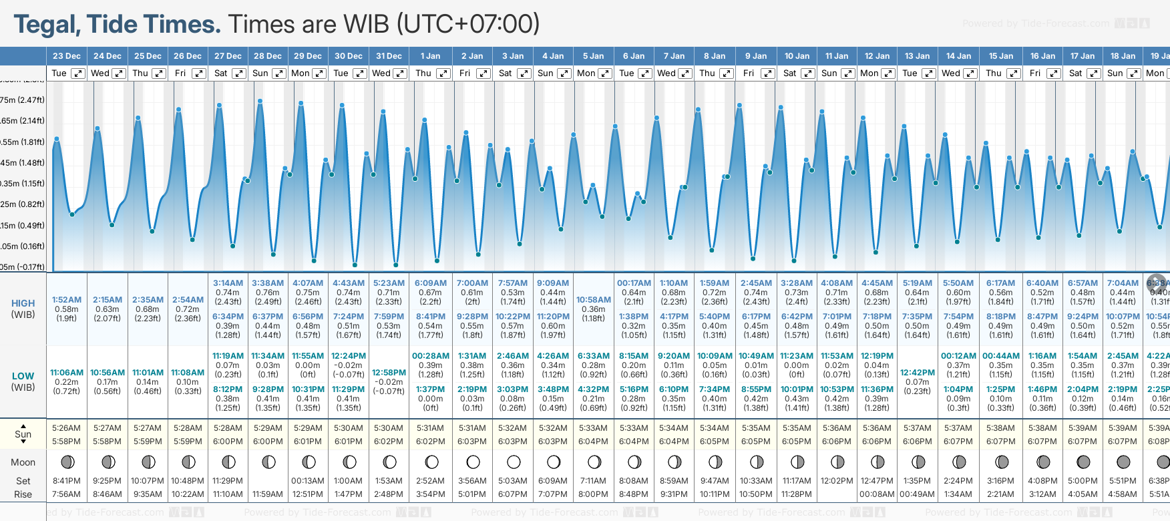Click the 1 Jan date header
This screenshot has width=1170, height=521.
click(430, 56)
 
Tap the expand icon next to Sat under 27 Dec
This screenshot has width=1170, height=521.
click(238, 73)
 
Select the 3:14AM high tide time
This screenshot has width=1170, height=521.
click(228, 283)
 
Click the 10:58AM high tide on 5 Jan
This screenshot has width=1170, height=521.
click(594, 300)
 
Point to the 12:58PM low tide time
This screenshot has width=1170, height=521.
click(389, 373)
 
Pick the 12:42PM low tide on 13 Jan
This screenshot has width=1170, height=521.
click(918, 373)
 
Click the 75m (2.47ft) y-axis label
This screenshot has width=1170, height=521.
click(23, 100)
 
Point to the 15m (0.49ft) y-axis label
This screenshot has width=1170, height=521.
click(23, 226)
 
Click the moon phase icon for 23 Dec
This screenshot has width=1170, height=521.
click(67, 462)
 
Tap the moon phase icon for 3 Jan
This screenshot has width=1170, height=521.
click(514, 462)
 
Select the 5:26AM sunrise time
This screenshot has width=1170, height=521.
click(67, 428)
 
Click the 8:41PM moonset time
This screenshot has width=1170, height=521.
click(67, 481)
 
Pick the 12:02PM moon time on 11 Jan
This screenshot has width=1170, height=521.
click(837, 481)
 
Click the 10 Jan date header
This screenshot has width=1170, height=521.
click(797, 56)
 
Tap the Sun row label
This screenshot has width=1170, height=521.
click(23, 434)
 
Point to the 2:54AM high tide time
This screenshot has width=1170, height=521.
click(188, 300)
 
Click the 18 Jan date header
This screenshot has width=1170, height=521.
click(1123, 56)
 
